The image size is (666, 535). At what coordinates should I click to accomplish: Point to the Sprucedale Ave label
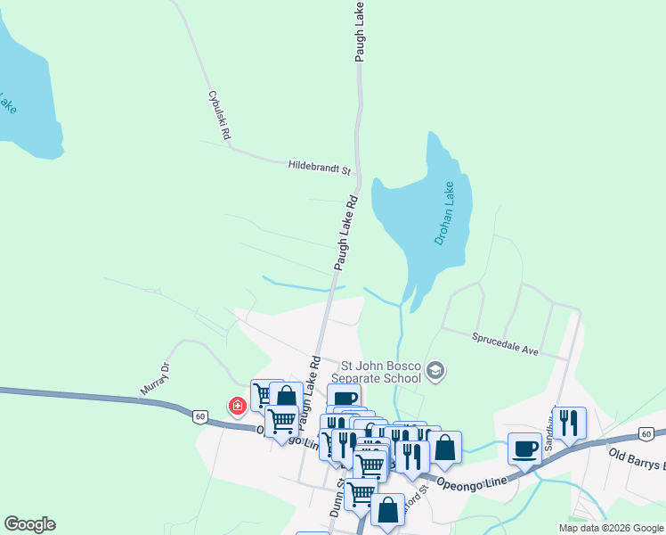pyautogui.click(x=505, y=343)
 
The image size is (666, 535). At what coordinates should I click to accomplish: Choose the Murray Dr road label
pyautogui.click(x=154, y=379)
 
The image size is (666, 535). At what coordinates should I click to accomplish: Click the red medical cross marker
pyautogui.click(x=238, y=407)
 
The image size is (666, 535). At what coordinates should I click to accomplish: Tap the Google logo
pyautogui.click(x=29, y=524)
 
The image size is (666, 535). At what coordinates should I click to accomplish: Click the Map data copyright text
pyautogui.click(x=612, y=528)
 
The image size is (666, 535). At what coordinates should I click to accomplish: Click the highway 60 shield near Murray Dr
pyautogui.click(x=200, y=416)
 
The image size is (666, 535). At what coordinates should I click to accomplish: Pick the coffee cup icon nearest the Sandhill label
pyautogui.click(x=525, y=448)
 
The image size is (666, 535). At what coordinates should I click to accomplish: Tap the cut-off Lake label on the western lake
pyautogui.click(x=8, y=103)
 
